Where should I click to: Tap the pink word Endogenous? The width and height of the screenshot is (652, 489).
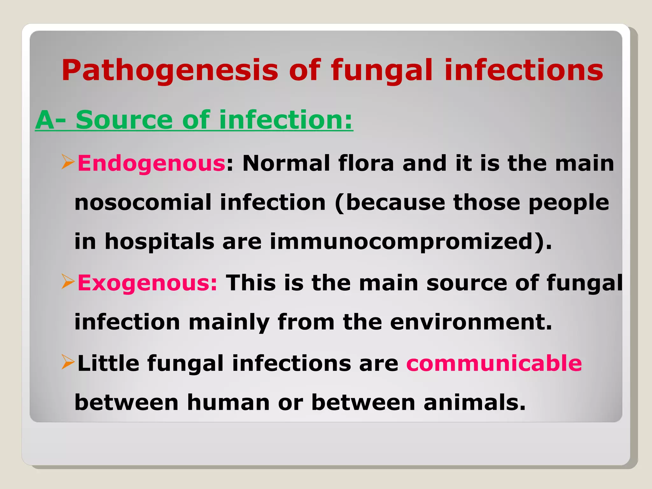(x=152, y=163)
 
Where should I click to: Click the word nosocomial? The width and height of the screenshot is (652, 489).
(x=143, y=202)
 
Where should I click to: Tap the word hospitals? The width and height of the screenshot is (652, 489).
(x=159, y=242)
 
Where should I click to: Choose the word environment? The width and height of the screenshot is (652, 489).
(x=471, y=322)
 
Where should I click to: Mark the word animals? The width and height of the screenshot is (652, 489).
(x=474, y=402)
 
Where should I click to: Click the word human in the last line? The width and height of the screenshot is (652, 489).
(x=228, y=402)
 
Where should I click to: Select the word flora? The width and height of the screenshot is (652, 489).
(x=366, y=163)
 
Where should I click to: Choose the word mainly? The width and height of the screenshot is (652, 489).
(x=229, y=322)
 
